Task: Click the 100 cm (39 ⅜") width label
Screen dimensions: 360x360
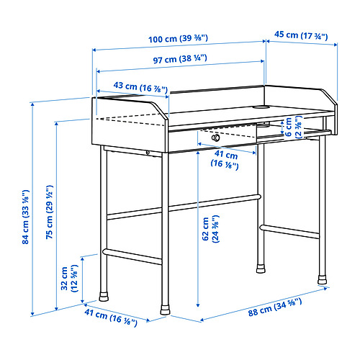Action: click(178, 39)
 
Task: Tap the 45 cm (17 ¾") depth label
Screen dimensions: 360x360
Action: click(301, 35)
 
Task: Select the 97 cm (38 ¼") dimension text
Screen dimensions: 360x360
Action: click(180, 59)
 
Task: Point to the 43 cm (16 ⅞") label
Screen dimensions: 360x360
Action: click(140, 86)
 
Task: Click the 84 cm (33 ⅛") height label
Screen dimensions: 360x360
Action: click(25, 217)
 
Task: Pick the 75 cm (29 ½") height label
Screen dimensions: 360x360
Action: click(49, 212)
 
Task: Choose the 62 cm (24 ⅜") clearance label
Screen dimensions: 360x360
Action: click(211, 229)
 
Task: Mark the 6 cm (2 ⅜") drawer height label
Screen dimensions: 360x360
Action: click(293, 127)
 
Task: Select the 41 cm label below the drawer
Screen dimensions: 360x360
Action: click(225, 160)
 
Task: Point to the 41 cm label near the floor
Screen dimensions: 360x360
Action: click(111, 318)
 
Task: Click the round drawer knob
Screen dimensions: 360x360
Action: click(215, 138)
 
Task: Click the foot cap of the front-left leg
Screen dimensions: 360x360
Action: click(165, 310)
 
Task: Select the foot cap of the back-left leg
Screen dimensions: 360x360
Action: click(104, 297)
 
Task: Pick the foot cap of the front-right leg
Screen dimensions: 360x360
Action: click(322, 280)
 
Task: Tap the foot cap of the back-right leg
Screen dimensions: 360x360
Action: click(261, 269)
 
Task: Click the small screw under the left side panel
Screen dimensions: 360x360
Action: click(148, 153)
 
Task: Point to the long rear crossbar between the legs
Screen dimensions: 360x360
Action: click(184, 207)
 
